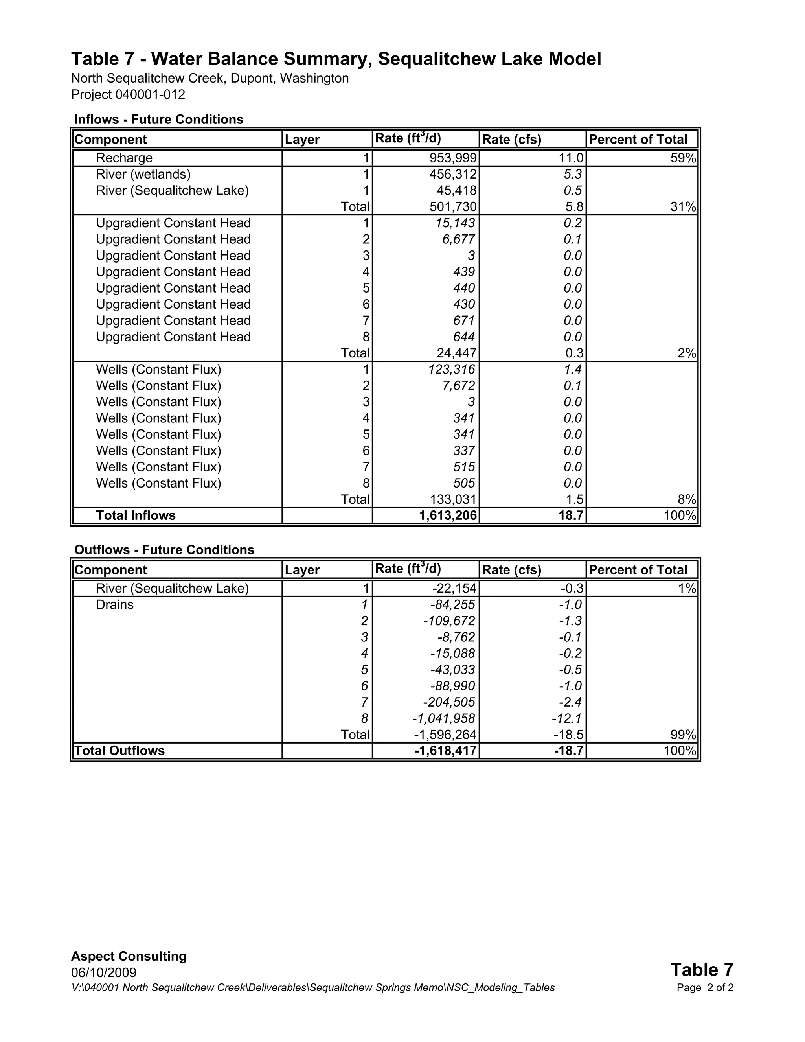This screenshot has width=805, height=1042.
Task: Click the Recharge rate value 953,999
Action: (453, 158)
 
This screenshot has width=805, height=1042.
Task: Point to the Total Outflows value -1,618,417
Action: (445, 751)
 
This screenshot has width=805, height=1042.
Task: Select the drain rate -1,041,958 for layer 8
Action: (443, 718)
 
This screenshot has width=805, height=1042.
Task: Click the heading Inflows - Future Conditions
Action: (159, 119)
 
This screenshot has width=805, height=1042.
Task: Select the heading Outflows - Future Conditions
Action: (164, 550)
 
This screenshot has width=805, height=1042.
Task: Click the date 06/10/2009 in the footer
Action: (103, 972)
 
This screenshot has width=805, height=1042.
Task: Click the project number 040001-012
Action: (150, 94)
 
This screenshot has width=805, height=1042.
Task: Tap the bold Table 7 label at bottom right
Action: (702, 970)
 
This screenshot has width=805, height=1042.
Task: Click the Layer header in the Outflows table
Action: (302, 570)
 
